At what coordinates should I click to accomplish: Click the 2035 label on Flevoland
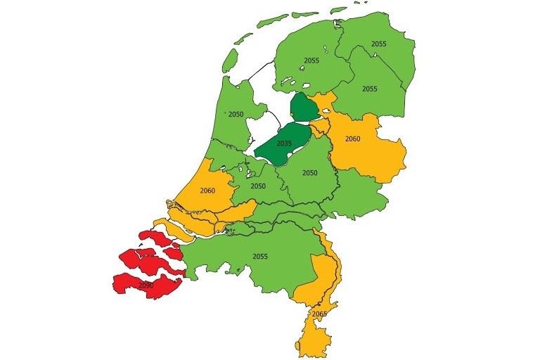(x=284, y=143)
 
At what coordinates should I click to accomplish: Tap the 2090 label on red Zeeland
(x=146, y=285)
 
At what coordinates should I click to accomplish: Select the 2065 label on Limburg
(x=319, y=314)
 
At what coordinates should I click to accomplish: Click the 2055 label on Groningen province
(x=379, y=44)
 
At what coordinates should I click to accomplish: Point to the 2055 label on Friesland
(x=312, y=61)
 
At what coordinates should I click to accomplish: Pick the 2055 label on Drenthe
(x=370, y=89)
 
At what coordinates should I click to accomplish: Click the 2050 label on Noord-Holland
(x=236, y=114)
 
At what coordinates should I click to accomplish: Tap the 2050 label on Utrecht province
(x=259, y=186)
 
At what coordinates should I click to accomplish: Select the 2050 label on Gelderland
(x=310, y=173)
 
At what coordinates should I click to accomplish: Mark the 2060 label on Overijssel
(x=352, y=139)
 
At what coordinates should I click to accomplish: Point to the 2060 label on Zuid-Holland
(x=207, y=190)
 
